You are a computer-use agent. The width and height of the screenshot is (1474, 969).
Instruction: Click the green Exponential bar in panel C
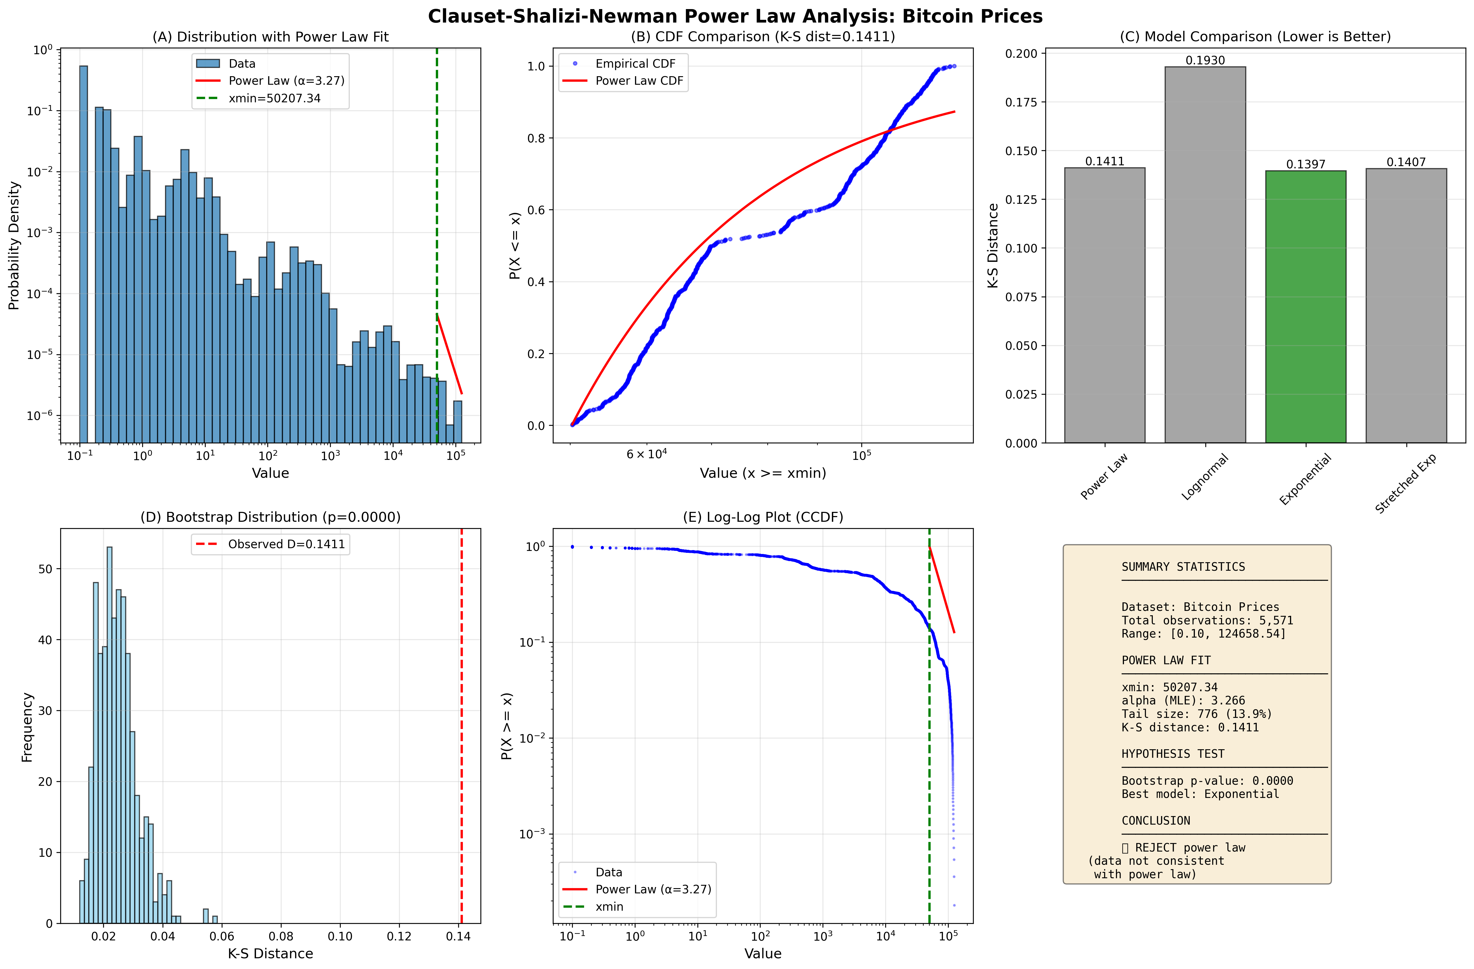tap(1305, 307)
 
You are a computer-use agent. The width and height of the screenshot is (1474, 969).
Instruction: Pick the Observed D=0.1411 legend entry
tap(286, 544)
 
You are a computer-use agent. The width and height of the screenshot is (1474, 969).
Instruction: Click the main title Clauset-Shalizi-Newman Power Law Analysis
tap(735, 16)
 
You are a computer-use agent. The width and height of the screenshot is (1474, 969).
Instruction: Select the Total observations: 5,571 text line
tap(1207, 620)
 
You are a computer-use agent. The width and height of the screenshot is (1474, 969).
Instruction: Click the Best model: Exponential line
tap(1200, 794)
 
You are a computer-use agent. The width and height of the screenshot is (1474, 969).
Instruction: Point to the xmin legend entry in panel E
tap(609, 906)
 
